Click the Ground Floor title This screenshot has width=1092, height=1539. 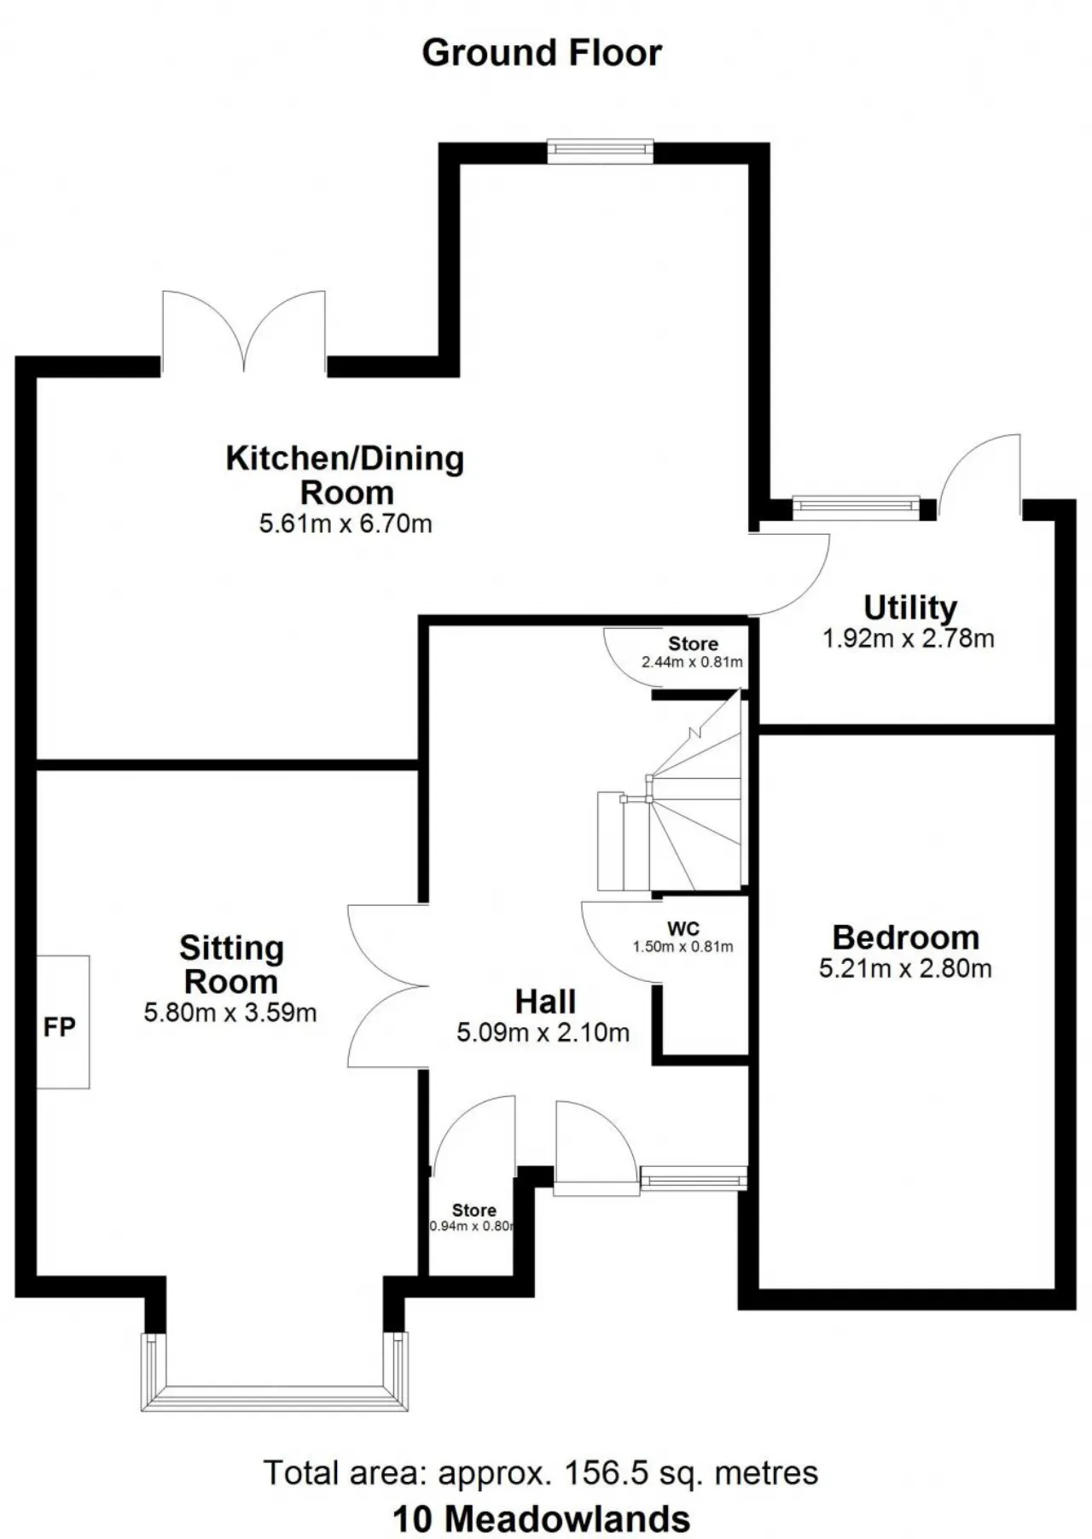pos(542,53)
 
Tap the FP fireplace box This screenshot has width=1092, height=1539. pos(63,1022)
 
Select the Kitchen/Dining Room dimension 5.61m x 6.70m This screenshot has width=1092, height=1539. pos(346,523)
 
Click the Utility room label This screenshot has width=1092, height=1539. pos(910,607)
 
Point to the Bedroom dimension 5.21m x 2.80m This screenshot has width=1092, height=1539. pos(905,968)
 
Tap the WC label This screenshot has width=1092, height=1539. pos(683,928)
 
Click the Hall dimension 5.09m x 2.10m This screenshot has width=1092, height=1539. pos(543,1033)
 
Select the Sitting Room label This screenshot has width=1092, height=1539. pos(231,965)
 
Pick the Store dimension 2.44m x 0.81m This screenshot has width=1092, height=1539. pos(692,662)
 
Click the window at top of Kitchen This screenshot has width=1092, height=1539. pos(601,152)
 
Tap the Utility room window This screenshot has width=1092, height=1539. pos(857,508)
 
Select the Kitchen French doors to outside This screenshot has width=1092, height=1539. pos(244,333)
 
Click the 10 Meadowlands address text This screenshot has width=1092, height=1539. pos(541,1519)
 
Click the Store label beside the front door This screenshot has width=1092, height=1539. pos(474,1210)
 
